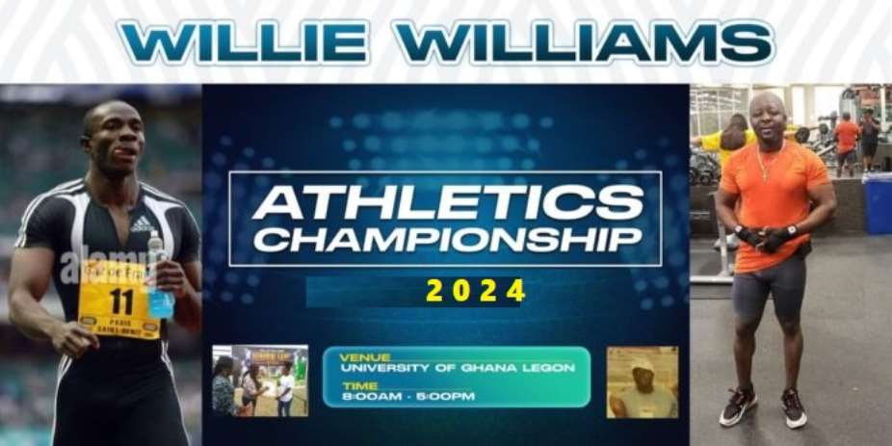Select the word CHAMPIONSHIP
pos(446,240)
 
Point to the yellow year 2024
pos(477,290)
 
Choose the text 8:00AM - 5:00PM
pos(407,396)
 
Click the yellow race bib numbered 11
pos(119,300)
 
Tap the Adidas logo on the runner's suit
pos(142,223)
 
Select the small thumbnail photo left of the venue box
pos(260,380)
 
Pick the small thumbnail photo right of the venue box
pos(642,381)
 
